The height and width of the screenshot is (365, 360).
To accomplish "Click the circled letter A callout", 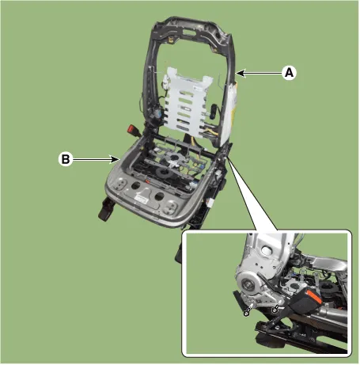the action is click(290, 73).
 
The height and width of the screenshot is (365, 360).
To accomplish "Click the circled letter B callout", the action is click(66, 159).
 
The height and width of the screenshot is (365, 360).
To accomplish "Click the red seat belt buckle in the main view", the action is click(131, 130).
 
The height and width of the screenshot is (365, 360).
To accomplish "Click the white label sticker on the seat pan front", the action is click(141, 199).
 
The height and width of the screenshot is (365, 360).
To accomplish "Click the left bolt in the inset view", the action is click(248, 310).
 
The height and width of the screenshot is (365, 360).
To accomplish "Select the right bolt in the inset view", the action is click(276, 307).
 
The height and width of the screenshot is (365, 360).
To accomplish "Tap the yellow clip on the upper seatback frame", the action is click(171, 40).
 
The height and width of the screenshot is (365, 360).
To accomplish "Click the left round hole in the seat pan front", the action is click(135, 185).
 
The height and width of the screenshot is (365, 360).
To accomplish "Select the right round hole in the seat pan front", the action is click(159, 196).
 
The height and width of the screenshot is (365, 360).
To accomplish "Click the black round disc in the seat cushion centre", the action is click(163, 173).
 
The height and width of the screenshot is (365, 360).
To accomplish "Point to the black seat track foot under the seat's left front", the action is click(106, 208).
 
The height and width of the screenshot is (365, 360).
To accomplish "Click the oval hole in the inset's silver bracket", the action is click(266, 251).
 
